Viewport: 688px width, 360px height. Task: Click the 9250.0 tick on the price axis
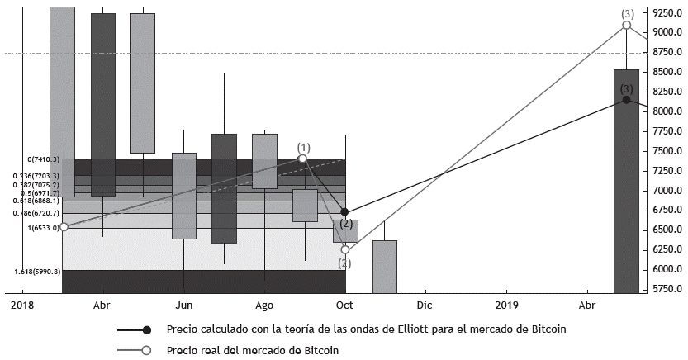pyautogui.click(x=667, y=13)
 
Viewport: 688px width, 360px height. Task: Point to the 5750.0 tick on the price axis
pyautogui.click(x=667, y=289)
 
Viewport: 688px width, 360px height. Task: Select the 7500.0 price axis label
pyautogui.click(x=667, y=151)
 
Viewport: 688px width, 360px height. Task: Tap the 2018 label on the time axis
pyautogui.click(x=22, y=305)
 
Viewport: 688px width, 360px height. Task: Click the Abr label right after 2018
pyautogui.click(x=102, y=305)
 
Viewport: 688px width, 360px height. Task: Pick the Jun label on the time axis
pyautogui.click(x=183, y=305)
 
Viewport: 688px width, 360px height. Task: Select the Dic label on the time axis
pyautogui.click(x=425, y=305)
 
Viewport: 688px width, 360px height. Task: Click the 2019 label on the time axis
pyautogui.click(x=505, y=305)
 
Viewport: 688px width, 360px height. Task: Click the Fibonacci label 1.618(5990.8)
pyautogui.click(x=36, y=272)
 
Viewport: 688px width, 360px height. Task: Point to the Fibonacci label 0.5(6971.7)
pyautogui.click(x=36, y=193)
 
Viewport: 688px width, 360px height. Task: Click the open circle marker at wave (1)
pyautogui.click(x=302, y=159)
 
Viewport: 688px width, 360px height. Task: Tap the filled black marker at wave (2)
pyautogui.click(x=344, y=212)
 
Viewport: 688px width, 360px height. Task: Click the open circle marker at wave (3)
pyautogui.click(x=627, y=26)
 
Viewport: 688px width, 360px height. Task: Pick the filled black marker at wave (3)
pyautogui.click(x=627, y=100)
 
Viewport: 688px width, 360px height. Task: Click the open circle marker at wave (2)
pyautogui.click(x=345, y=249)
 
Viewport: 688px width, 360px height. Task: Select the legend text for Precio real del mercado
pyautogui.click(x=252, y=350)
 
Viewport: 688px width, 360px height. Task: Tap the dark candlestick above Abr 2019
pyautogui.click(x=626, y=182)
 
